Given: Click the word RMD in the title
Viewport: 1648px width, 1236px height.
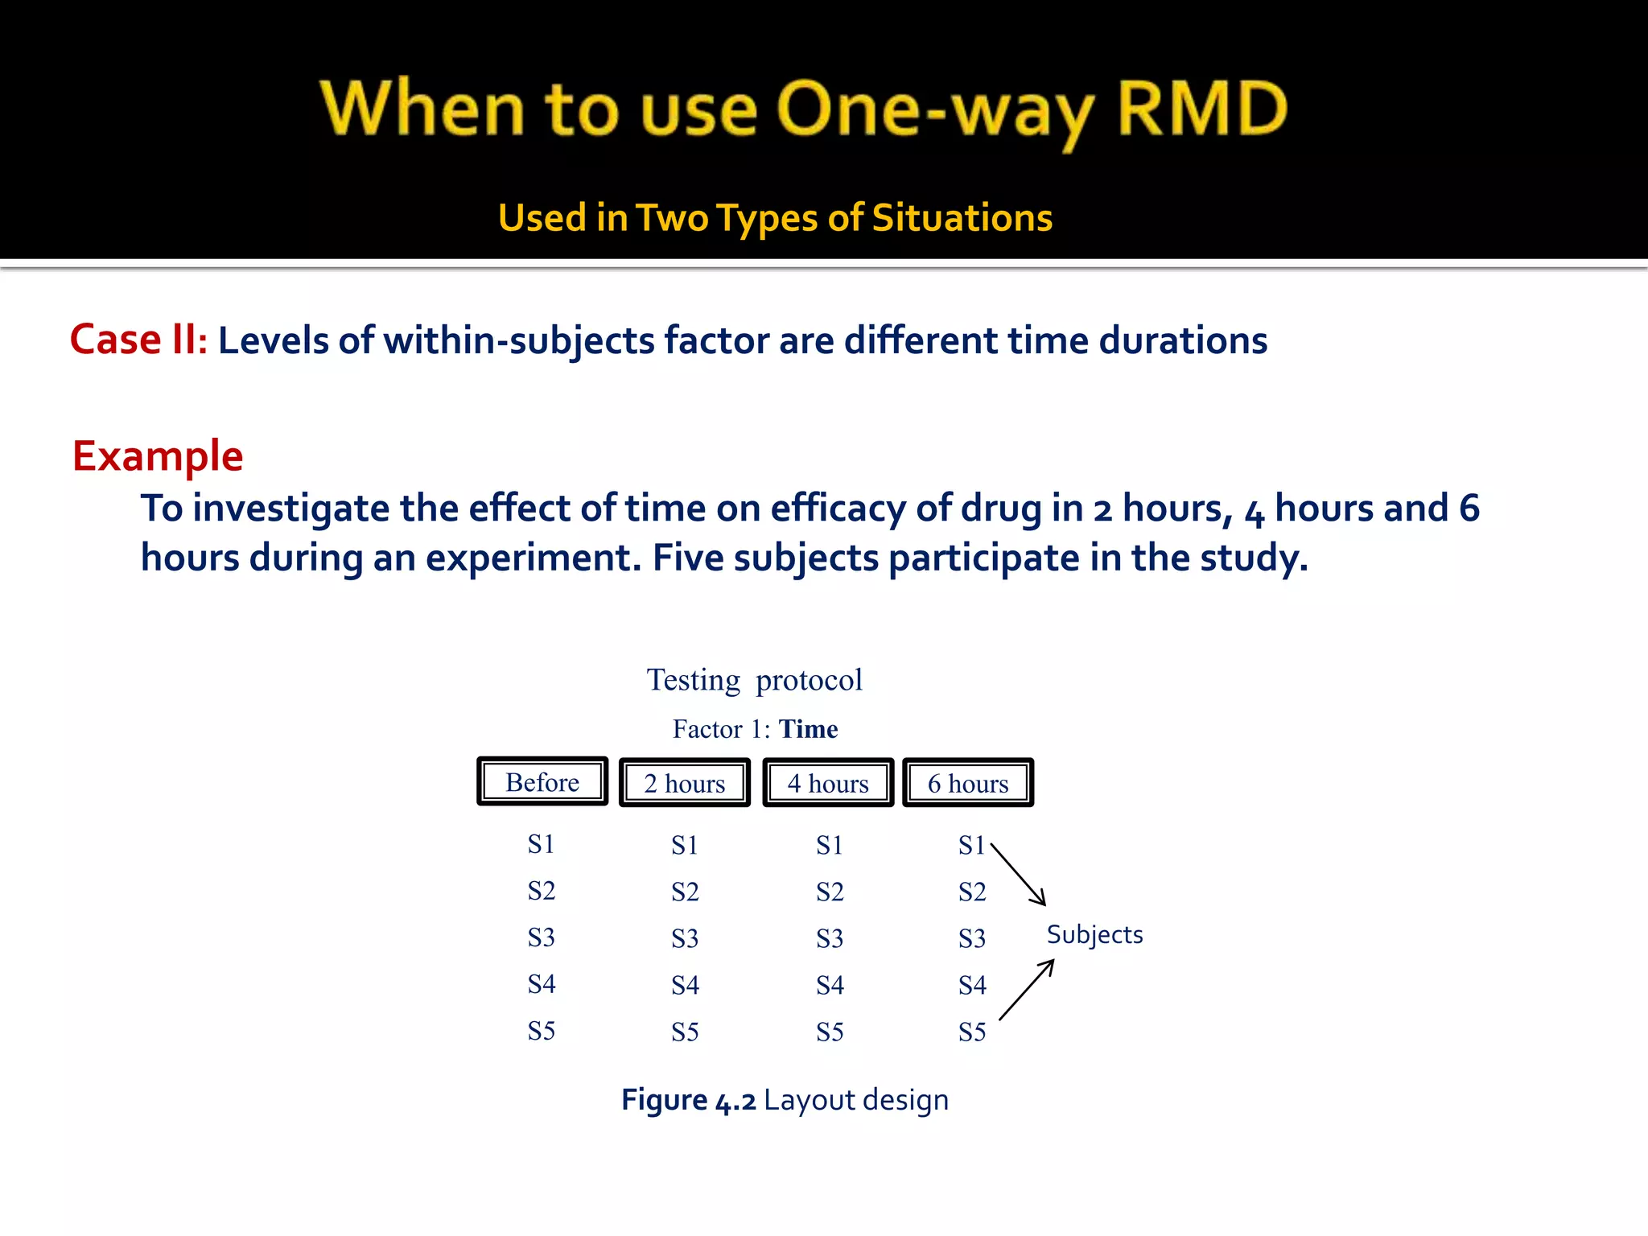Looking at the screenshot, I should click(x=1202, y=109).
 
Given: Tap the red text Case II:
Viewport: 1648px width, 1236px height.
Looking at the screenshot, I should click(x=138, y=340).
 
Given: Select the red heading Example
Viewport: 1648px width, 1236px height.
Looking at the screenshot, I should click(x=158, y=456).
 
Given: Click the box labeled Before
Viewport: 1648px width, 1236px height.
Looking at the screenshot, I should click(x=542, y=782).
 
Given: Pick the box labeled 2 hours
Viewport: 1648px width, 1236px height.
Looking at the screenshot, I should click(x=685, y=783).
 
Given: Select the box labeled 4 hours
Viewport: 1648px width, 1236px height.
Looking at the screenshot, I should click(x=828, y=783).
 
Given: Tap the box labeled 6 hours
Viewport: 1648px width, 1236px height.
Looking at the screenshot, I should click(x=968, y=783).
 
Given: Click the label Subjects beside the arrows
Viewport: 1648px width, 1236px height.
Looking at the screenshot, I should click(x=1094, y=935).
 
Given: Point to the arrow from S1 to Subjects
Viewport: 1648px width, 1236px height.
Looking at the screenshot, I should click(x=1019, y=875).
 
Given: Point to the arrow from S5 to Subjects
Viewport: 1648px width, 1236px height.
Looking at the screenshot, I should click(x=1027, y=990).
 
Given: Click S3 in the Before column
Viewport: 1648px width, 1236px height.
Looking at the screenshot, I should click(x=542, y=937).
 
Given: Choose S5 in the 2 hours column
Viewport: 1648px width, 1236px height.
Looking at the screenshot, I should click(x=685, y=1032).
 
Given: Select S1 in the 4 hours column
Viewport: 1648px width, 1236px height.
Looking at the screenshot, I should click(x=830, y=845).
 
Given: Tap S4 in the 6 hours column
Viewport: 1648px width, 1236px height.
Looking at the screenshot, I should click(x=972, y=985).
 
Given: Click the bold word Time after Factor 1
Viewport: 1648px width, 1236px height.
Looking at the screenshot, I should click(x=808, y=729).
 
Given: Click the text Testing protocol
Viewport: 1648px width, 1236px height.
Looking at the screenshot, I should click(x=754, y=681).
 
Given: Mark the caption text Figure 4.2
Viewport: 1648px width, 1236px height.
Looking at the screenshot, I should click(x=688, y=1100).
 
